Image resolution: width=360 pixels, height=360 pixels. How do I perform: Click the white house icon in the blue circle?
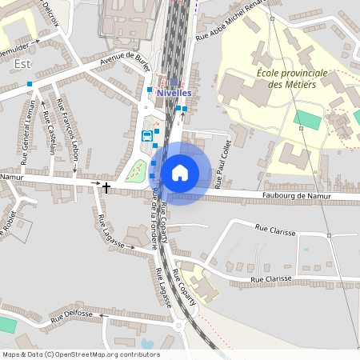[180, 173]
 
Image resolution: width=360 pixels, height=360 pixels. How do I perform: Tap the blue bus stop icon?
[146, 135]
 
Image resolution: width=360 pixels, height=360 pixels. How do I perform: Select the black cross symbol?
[106, 186]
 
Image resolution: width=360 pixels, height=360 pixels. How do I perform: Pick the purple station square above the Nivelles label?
[174, 81]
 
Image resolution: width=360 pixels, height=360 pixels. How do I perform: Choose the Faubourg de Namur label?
[294, 196]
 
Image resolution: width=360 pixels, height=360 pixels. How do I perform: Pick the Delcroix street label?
[49, 10]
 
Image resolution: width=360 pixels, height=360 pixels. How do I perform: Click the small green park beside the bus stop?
[136, 170]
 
